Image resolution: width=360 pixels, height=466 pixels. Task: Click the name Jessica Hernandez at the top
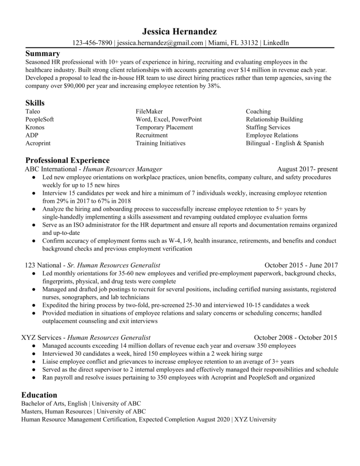pos(180,31)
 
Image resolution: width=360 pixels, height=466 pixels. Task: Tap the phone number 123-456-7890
pos(92,43)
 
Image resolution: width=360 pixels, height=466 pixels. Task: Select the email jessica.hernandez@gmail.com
pos(160,43)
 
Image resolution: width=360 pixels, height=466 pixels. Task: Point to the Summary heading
pos(42,54)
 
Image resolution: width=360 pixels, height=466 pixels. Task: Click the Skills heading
pos(35,103)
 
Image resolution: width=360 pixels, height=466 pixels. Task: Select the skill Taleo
pos(33,111)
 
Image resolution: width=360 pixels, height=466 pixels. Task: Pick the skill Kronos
pos(35,127)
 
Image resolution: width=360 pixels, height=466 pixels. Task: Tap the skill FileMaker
pos(149,111)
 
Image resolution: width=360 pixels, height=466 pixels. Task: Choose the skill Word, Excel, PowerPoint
pos(168,119)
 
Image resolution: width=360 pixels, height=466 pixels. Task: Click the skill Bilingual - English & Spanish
pos(284,143)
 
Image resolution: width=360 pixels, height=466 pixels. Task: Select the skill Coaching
pos(258,111)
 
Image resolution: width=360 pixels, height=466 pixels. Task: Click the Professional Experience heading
pos(67,160)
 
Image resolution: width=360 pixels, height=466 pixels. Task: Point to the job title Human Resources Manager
pos(122,169)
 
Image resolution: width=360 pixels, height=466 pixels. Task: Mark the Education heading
pos(39,395)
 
